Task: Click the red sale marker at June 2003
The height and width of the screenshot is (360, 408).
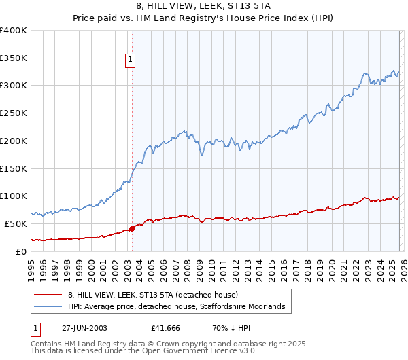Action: [132, 228]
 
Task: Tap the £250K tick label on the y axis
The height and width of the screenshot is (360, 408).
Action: [14, 113]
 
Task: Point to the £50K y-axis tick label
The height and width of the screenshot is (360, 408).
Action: [16, 223]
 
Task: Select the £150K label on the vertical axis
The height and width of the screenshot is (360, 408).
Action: [14, 168]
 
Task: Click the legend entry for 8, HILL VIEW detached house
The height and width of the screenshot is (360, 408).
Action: [152, 295]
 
